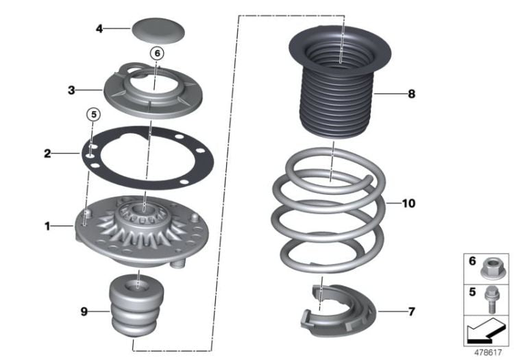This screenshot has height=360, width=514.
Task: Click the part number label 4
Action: click(x=99, y=29)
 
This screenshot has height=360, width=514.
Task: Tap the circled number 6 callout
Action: click(x=156, y=52)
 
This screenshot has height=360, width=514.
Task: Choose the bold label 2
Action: click(x=47, y=154)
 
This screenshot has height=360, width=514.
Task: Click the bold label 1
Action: click(x=48, y=226)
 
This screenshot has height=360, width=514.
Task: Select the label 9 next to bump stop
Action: click(x=84, y=311)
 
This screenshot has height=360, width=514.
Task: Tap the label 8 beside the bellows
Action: click(x=411, y=94)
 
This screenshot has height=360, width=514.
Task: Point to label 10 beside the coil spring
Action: click(x=408, y=204)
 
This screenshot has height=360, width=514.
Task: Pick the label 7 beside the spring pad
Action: click(x=411, y=311)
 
